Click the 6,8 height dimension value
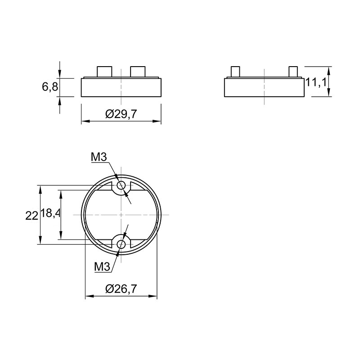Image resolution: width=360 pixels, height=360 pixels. (50, 87)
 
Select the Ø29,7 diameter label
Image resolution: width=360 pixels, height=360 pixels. (121, 114)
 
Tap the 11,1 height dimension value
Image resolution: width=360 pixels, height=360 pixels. (316, 82)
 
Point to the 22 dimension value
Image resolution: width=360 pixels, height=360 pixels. (31, 216)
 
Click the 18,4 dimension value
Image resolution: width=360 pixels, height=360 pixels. (50, 213)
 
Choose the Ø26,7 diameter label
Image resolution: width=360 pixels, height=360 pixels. (121, 289)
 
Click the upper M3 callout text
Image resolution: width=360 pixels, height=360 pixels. (99, 157)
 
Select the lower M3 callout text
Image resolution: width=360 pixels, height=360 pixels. (102, 267)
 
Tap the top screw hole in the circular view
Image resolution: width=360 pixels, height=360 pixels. (121, 185)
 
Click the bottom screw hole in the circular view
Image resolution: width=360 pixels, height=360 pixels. (121, 244)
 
